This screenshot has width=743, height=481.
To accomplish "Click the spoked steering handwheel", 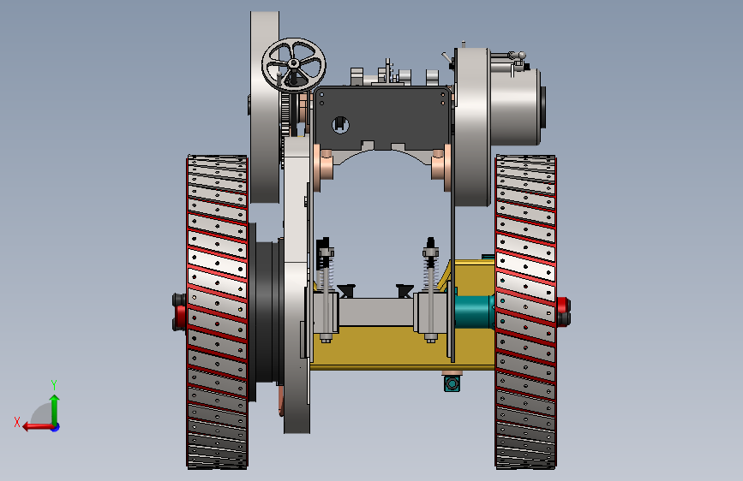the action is [293, 64].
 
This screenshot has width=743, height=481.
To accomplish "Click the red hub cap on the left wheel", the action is [180, 312].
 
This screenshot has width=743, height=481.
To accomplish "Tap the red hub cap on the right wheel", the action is [563, 312].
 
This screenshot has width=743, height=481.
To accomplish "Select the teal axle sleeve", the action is [474, 311].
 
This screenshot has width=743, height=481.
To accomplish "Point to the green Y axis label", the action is [54, 384].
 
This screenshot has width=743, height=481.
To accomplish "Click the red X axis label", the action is [17, 422].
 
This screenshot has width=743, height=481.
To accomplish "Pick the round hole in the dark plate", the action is [340, 124].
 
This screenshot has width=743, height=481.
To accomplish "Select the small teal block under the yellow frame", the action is [452, 383].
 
